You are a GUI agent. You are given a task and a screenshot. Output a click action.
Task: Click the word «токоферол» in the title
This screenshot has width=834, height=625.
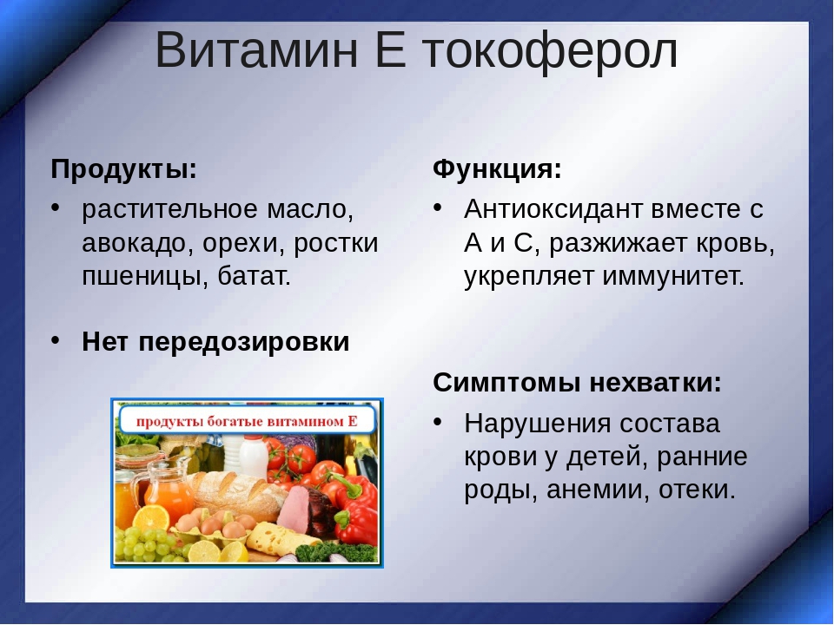[550, 51]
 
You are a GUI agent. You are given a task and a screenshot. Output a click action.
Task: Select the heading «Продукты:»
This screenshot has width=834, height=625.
[124, 170]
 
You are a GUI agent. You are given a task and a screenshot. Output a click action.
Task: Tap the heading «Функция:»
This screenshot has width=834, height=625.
[497, 170]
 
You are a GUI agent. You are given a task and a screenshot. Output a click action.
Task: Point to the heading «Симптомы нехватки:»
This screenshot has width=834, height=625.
[577, 382]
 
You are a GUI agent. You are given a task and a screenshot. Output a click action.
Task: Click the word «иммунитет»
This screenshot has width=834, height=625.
[672, 276]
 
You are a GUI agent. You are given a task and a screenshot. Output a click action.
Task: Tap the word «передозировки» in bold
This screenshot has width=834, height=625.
[243, 342]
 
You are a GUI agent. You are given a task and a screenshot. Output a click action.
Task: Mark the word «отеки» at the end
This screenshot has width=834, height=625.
[697, 490]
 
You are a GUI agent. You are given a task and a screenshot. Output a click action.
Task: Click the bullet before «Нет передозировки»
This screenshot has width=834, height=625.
[56, 339]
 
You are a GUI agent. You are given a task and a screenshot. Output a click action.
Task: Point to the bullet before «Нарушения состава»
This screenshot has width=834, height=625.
[438, 422]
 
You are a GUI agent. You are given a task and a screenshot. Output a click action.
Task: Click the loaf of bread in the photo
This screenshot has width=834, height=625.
[240, 494]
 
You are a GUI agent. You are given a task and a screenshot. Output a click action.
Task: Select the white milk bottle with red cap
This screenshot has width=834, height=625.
[253, 455]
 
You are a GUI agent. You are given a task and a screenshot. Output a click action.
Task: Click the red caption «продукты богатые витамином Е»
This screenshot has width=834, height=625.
[247, 422]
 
